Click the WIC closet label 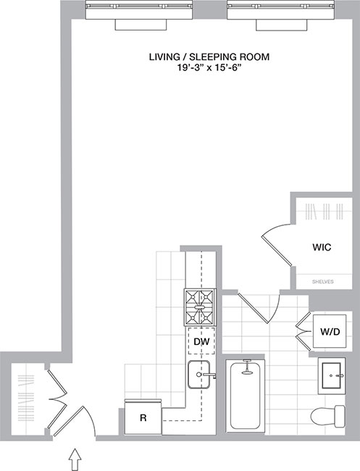(322, 247)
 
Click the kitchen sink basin (199, 376)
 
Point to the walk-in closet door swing (275, 247)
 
